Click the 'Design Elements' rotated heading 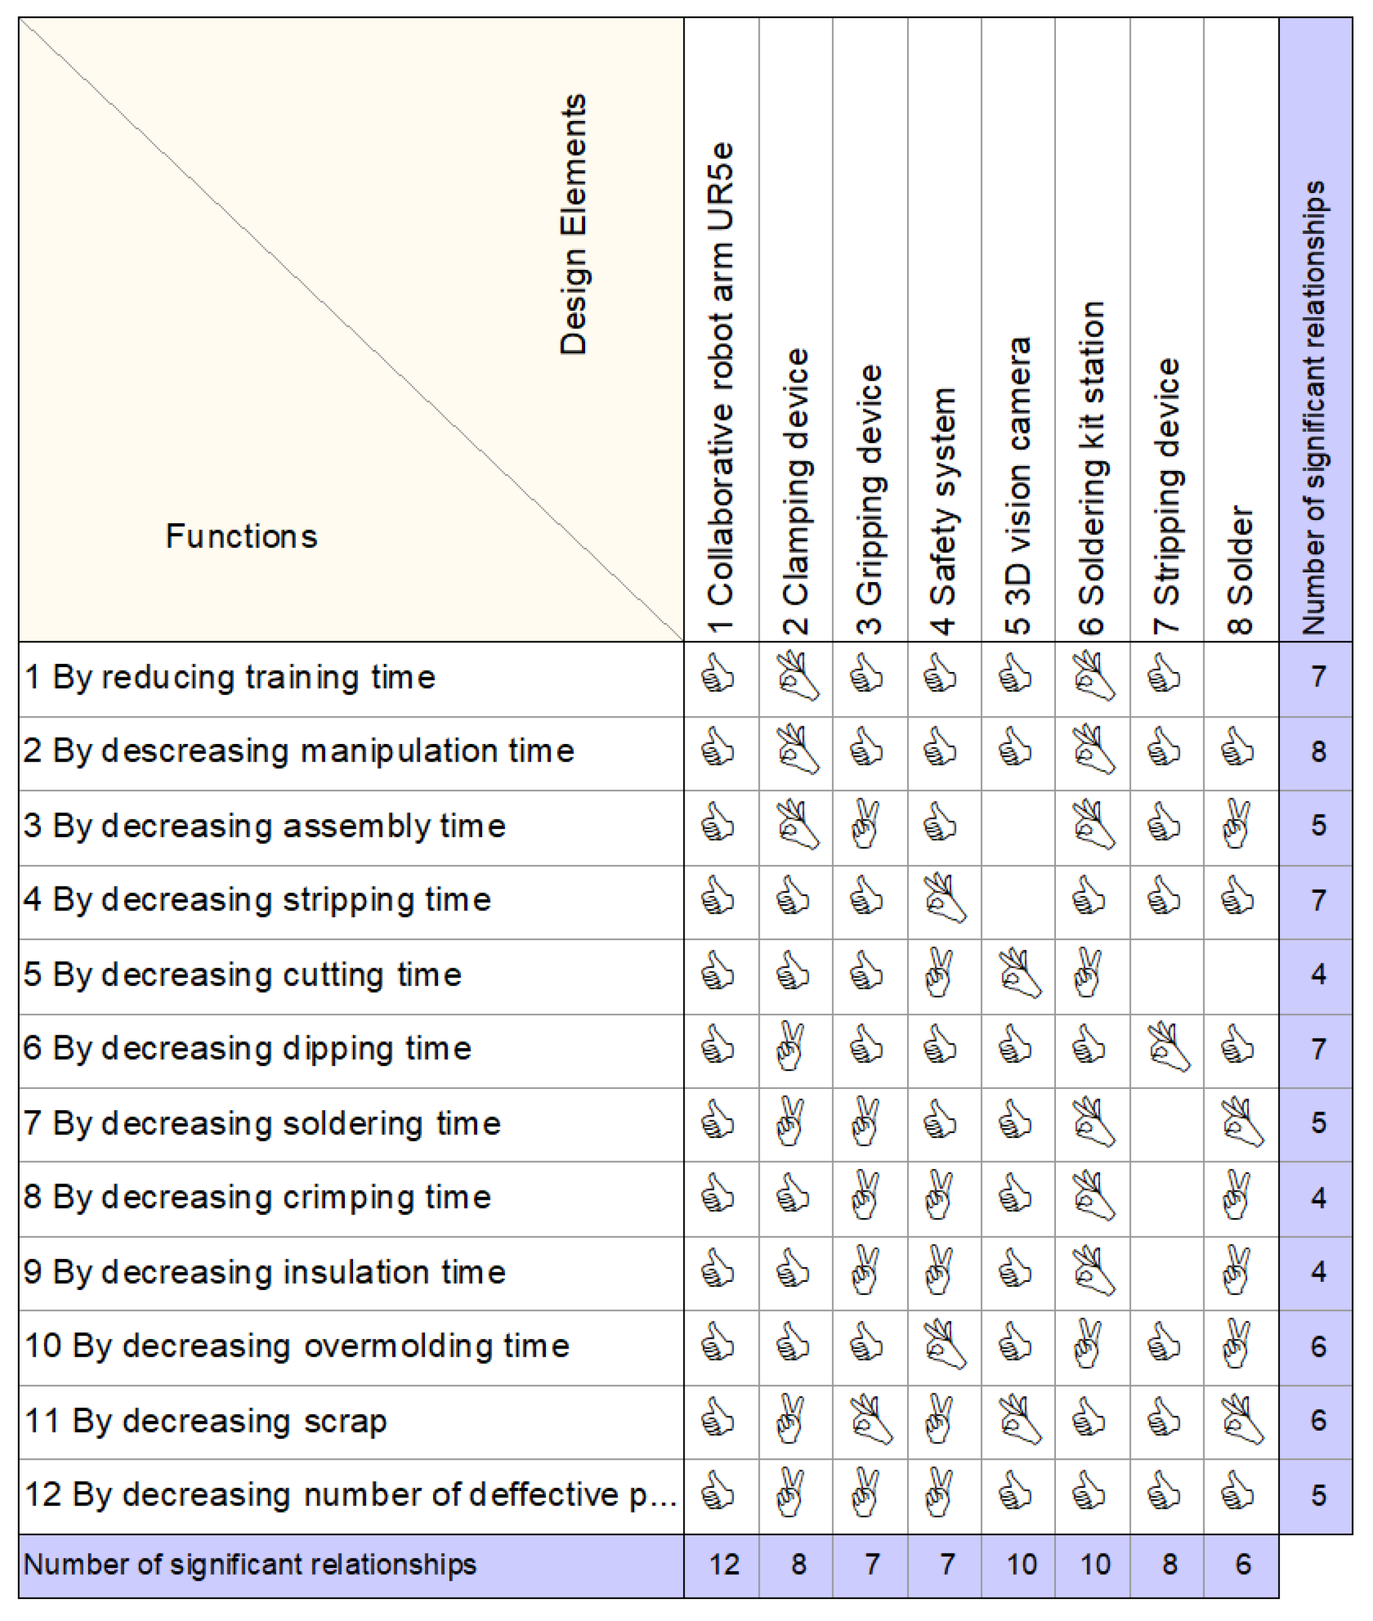click(574, 225)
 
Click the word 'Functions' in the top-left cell click(241, 537)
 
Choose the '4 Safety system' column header click(943, 511)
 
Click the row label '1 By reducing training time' click(229, 677)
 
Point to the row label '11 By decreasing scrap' click(206, 1421)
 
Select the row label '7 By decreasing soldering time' click(262, 1124)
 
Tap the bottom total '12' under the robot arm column click(724, 1564)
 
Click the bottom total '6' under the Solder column click(1243, 1564)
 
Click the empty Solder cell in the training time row click(1241, 677)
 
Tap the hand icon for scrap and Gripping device click(870, 1421)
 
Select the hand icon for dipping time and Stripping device click(1167, 1048)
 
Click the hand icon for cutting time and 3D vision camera click(1019, 974)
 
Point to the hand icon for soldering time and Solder click(1241, 1123)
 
